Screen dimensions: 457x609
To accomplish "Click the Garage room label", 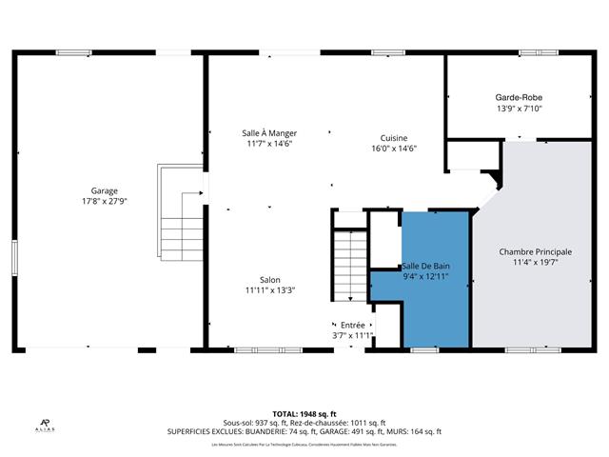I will click(105, 190).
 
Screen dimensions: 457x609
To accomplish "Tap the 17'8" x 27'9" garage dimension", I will click(105, 202).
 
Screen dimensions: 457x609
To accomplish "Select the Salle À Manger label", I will click(268, 133).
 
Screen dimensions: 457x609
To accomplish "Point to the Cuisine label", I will click(394, 137).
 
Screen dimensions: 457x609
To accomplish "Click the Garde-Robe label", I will click(519, 97).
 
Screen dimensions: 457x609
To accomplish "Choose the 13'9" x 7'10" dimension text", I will click(519, 109).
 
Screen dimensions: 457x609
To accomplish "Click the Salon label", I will click(269, 279).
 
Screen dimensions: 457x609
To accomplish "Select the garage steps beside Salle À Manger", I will click(177, 214).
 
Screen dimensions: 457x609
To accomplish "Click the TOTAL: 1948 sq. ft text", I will click(304, 413).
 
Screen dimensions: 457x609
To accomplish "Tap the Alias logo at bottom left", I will click(45, 425).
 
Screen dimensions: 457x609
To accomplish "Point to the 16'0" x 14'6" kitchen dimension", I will click(394, 149).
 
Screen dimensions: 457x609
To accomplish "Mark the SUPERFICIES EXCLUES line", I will click(304, 431).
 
